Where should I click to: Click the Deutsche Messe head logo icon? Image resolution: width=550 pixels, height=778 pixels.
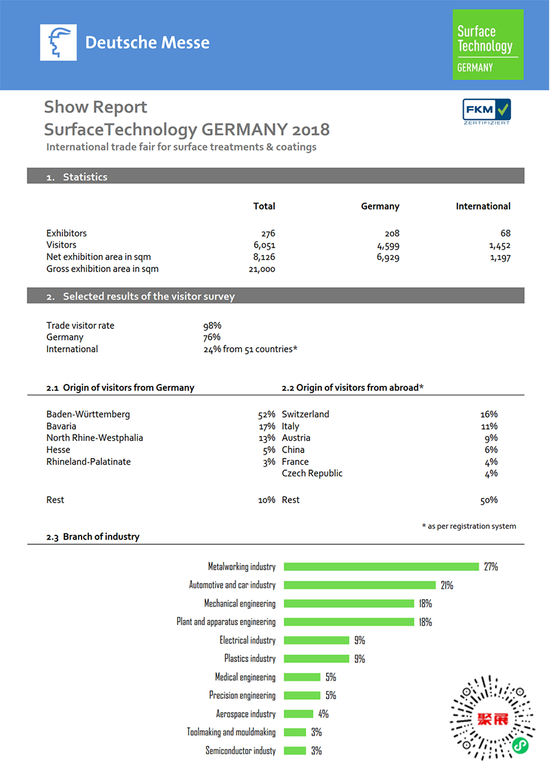[58, 42]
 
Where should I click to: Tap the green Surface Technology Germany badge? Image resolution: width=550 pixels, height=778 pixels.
[488, 45]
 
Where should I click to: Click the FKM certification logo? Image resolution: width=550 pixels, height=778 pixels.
[487, 111]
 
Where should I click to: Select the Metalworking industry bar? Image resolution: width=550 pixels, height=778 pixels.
[381, 567]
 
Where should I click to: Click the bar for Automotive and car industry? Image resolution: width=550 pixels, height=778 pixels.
[360, 585]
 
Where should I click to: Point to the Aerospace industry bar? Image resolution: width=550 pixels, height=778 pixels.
[298, 714]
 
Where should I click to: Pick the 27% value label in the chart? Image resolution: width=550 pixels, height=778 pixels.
[490, 567]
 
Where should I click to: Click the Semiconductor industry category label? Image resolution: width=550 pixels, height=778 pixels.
[240, 751]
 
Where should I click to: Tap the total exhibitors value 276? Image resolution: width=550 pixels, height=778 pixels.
[268, 233]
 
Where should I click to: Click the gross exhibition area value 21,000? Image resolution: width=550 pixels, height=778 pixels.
[262, 269]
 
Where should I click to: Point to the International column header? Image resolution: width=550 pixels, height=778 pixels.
[483, 206]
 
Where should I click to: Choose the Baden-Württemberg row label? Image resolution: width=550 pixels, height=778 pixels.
[88, 415]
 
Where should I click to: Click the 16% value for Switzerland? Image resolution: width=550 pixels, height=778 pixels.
[489, 415]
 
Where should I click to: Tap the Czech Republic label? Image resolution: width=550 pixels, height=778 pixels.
[312, 474]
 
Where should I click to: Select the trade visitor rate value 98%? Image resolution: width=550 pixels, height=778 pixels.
[212, 326]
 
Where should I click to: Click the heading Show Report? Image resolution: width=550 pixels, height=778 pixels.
[95, 107]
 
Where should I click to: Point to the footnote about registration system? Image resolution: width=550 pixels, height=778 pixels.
[468, 526]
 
